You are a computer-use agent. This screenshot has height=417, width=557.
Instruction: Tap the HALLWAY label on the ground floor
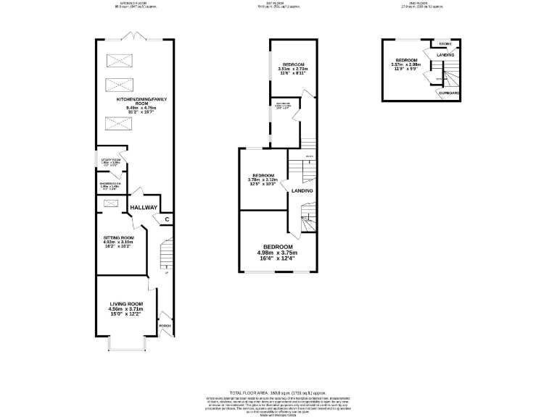(x=144, y=208)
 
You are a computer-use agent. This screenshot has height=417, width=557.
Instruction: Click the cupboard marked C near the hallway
(x=167, y=219)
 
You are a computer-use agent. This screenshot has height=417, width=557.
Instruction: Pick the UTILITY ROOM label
(x=111, y=162)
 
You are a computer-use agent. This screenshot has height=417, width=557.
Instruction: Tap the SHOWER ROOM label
(x=110, y=186)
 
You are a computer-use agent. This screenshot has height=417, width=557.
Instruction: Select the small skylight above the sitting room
(x=111, y=204)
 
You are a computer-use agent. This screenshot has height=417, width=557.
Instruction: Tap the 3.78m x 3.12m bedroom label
(x=263, y=179)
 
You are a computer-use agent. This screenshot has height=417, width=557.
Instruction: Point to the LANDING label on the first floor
(x=302, y=191)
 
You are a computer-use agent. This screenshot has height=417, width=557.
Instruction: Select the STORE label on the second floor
(x=445, y=44)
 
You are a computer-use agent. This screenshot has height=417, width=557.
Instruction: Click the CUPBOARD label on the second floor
(x=449, y=93)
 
